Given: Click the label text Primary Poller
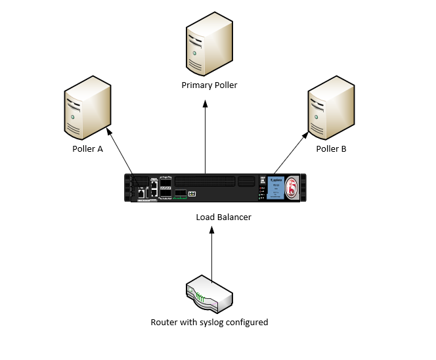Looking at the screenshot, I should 209,85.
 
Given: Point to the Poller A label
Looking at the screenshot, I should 87,149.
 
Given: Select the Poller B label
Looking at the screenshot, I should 331,149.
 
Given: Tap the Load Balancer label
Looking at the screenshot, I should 223,217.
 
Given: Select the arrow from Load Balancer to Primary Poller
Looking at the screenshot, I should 206,138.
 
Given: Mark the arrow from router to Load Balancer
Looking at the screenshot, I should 211,253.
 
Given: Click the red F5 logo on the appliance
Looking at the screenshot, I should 293,188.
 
